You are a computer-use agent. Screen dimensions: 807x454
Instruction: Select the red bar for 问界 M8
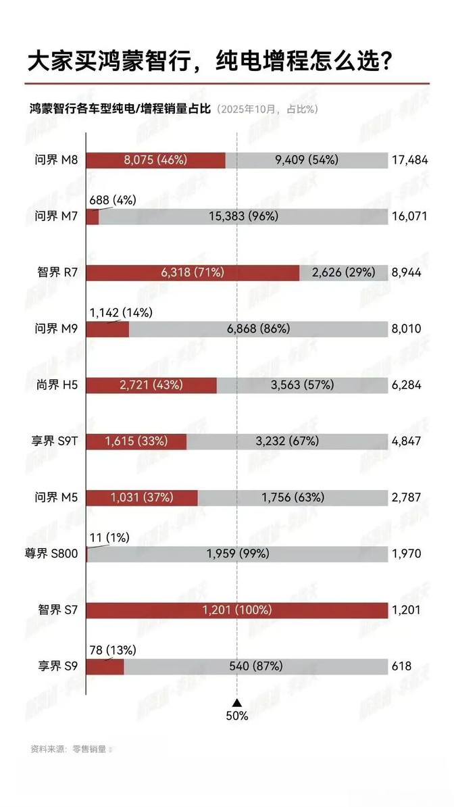coord(156,160)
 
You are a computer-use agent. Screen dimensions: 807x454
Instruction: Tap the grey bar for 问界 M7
coord(243,216)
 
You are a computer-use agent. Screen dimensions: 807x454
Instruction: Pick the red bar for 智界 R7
coord(193,272)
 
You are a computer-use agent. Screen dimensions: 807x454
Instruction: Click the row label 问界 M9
coord(57,329)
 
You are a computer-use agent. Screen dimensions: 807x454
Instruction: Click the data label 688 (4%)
coord(113,200)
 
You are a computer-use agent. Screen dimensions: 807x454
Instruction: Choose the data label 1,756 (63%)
coord(293,497)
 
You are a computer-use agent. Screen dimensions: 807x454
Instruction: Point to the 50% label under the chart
coord(236,716)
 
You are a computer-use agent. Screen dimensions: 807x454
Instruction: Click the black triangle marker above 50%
coord(236,703)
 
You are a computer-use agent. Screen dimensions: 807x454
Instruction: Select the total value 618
coord(401,666)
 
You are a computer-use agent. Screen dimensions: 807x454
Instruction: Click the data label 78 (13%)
coord(113,650)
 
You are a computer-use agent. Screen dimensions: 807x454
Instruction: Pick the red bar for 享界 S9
coord(105,666)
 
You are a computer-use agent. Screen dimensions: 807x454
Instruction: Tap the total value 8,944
coord(406,272)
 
